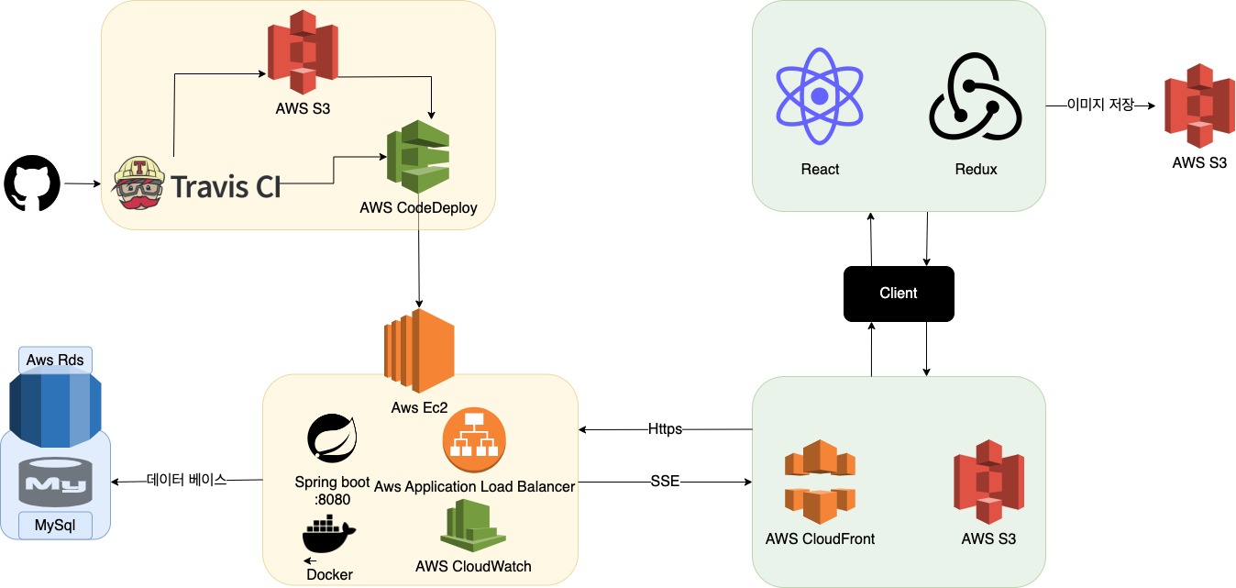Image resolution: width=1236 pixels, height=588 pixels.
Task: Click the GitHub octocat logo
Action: tap(32, 183)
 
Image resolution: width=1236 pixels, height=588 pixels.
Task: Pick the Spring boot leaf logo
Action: tap(332, 439)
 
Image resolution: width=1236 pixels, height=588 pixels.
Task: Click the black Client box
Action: tap(899, 294)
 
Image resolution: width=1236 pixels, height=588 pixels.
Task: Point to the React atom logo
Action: tap(820, 95)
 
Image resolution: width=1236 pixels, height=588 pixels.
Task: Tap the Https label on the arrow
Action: tap(665, 428)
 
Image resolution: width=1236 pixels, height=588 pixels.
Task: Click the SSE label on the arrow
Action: tap(665, 481)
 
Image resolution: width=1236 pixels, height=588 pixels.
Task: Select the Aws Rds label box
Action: tap(55, 361)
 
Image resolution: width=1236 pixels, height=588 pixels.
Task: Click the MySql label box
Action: tap(55, 526)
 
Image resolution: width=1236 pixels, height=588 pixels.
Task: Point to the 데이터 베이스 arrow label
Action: tap(186, 480)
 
